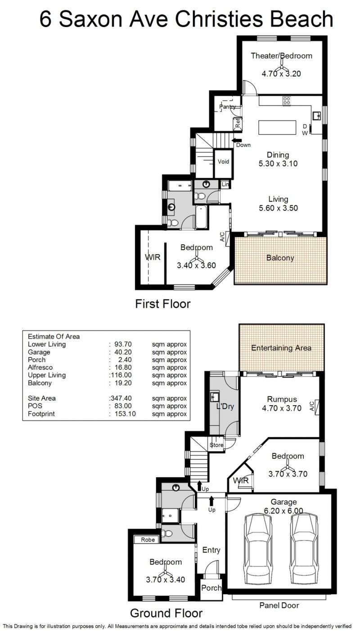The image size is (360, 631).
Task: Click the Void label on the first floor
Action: coord(223,162)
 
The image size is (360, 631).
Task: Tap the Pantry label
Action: coord(227,107)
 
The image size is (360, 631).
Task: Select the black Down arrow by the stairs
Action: coord(234,140)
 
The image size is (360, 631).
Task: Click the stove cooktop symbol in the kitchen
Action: coord(287,101)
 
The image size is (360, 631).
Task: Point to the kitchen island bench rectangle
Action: coord(277,128)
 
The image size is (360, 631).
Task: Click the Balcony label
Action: coord(280,258)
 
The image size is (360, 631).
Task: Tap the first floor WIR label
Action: coord(153,257)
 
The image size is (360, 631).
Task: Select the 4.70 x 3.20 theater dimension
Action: coord(281,74)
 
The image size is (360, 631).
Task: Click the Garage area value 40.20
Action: coord(123,352)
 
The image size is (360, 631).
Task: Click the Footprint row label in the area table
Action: coord(41,414)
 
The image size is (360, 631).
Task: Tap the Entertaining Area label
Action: coord(281,348)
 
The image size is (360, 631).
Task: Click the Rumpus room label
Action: coord(282,399)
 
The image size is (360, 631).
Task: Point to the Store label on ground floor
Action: coord(216,445)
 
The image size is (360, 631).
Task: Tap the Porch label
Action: coord(211,588)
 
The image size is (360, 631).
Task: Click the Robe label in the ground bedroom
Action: coord(148,539)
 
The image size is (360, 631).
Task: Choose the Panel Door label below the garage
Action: coord(279,605)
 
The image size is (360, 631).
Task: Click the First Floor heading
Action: coord(163,304)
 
